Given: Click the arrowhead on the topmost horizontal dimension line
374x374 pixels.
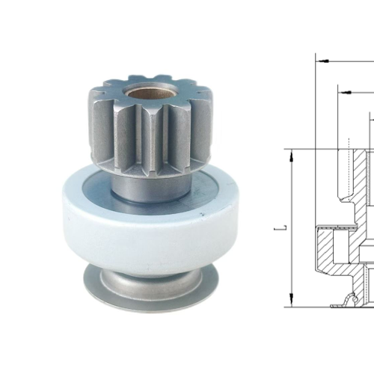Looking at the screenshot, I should [x=320, y=58].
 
